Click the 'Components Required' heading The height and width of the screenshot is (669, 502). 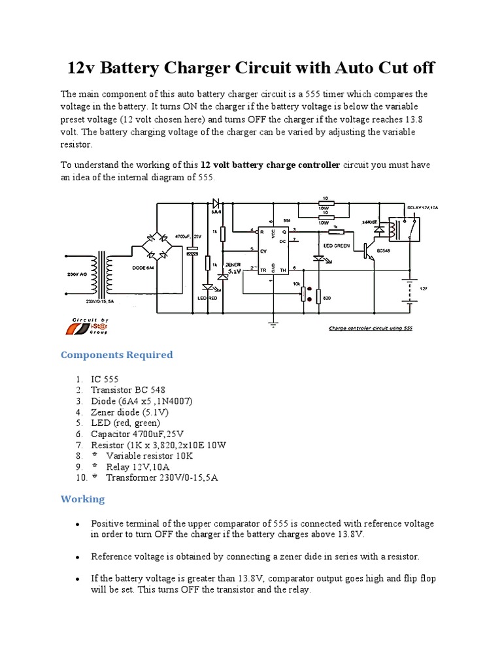[x=117, y=355]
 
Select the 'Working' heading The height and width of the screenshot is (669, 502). [x=82, y=499]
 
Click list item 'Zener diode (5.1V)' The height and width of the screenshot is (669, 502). [x=129, y=412]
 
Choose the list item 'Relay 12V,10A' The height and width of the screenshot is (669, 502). [x=139, y=466]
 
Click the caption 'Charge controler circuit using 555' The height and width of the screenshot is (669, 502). [x=370, y=329]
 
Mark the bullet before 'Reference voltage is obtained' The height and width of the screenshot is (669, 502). [x=78, y=557]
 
